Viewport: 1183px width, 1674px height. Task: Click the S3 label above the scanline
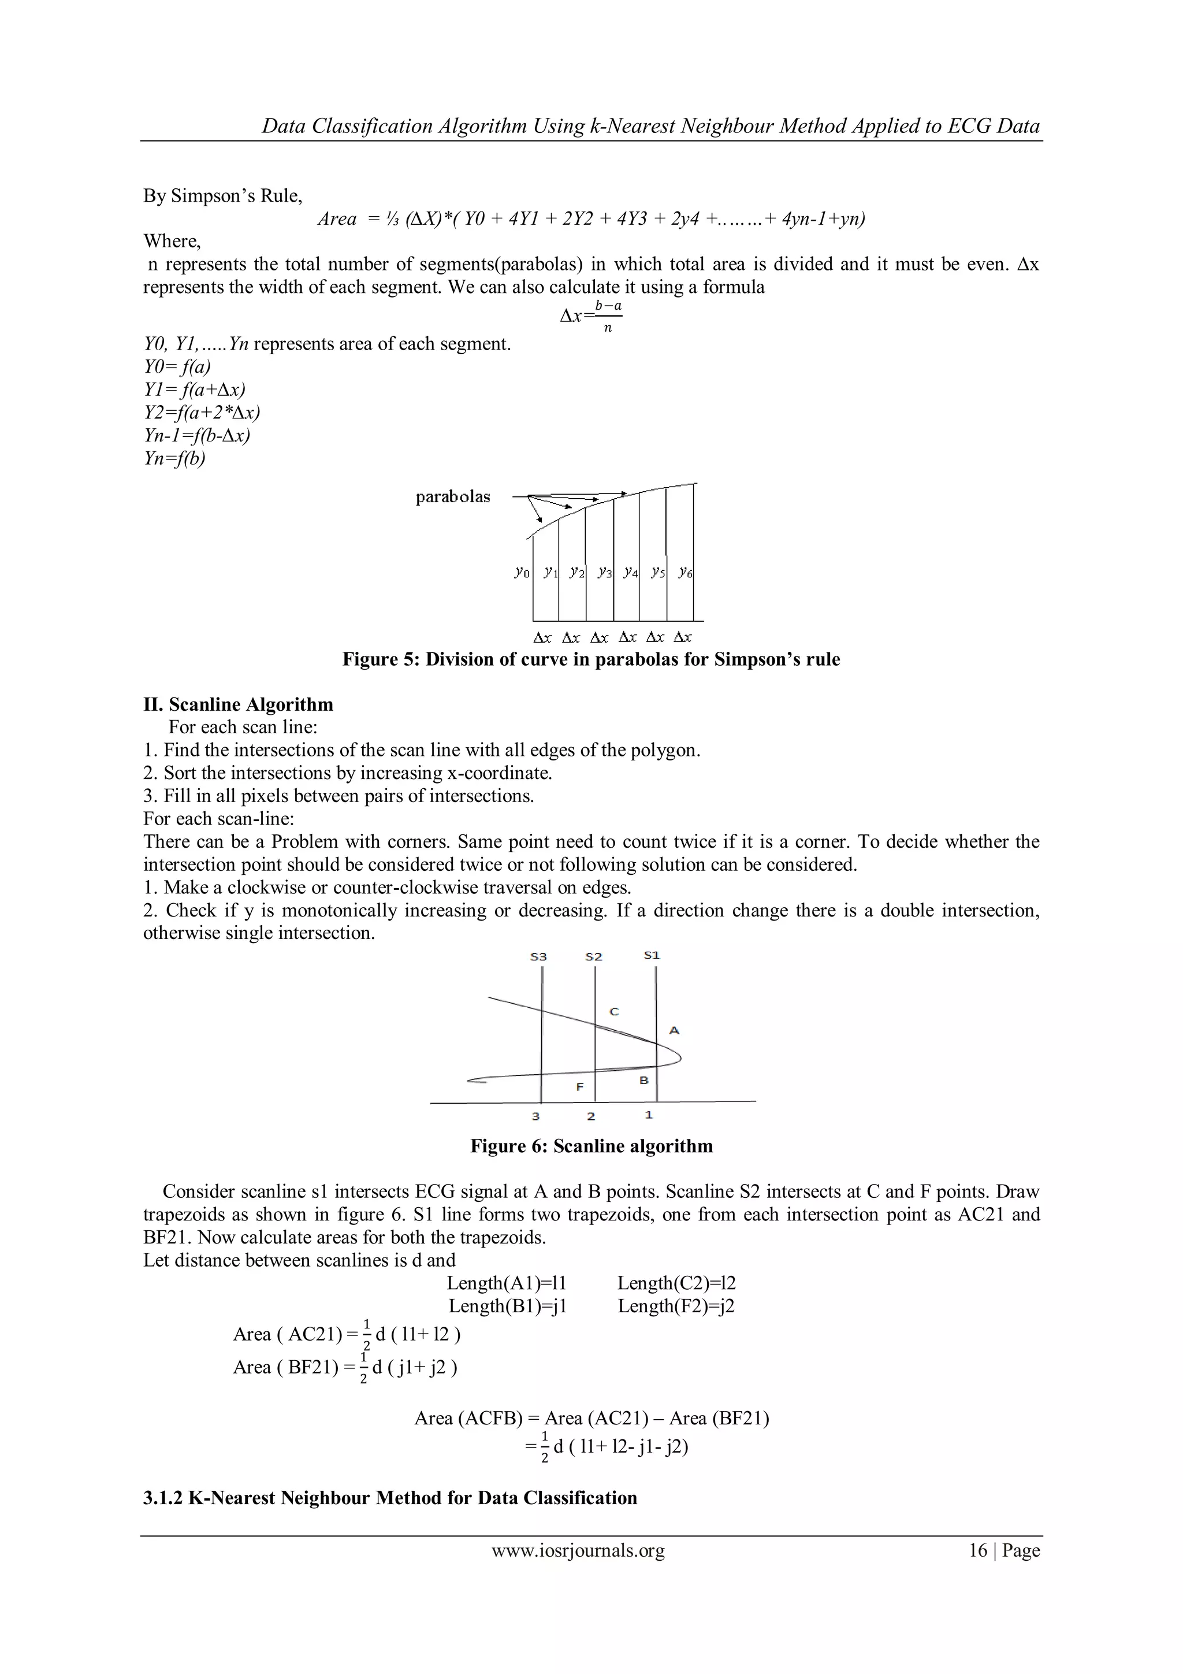coord(539,956)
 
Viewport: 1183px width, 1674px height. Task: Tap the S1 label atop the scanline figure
coord(652,955)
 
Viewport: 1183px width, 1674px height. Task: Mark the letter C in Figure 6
coord(613,1011)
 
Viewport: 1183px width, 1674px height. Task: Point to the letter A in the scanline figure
coord(674,1030)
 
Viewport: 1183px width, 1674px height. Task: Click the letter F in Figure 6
coord(579,1086)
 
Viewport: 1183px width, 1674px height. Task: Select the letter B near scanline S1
coord(643,1080)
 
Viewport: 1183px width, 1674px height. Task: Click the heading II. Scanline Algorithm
coord(239,704)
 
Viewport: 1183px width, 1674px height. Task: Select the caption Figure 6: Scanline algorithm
coord(591,1146)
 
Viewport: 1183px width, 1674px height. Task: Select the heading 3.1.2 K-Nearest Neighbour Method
coord(390,1498)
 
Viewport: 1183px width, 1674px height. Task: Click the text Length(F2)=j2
coord(676,1305)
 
